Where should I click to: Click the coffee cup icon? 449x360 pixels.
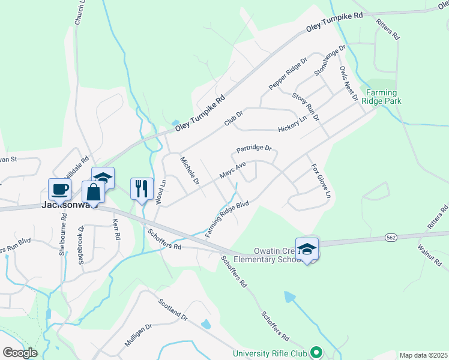[x=59, y=190]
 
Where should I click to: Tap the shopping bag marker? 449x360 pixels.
[x=93, y=192]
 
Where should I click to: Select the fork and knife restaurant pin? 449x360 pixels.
[x=142, y=188]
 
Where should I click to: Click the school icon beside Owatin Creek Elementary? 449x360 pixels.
[x=307, y=249]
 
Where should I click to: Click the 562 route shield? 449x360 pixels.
[x=391, y=238]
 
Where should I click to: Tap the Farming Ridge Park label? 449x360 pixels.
[x=382, y=97]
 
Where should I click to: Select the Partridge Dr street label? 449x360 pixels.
[x=254, y=148]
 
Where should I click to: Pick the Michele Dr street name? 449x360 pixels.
[x=190, y=170]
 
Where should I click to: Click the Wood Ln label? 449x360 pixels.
[x=160, y=192]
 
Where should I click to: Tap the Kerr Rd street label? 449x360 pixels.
[x=116, y=229]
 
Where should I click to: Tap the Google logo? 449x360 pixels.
[x=20, y=353]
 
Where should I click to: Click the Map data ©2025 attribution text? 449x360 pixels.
[x=423, y=355]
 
